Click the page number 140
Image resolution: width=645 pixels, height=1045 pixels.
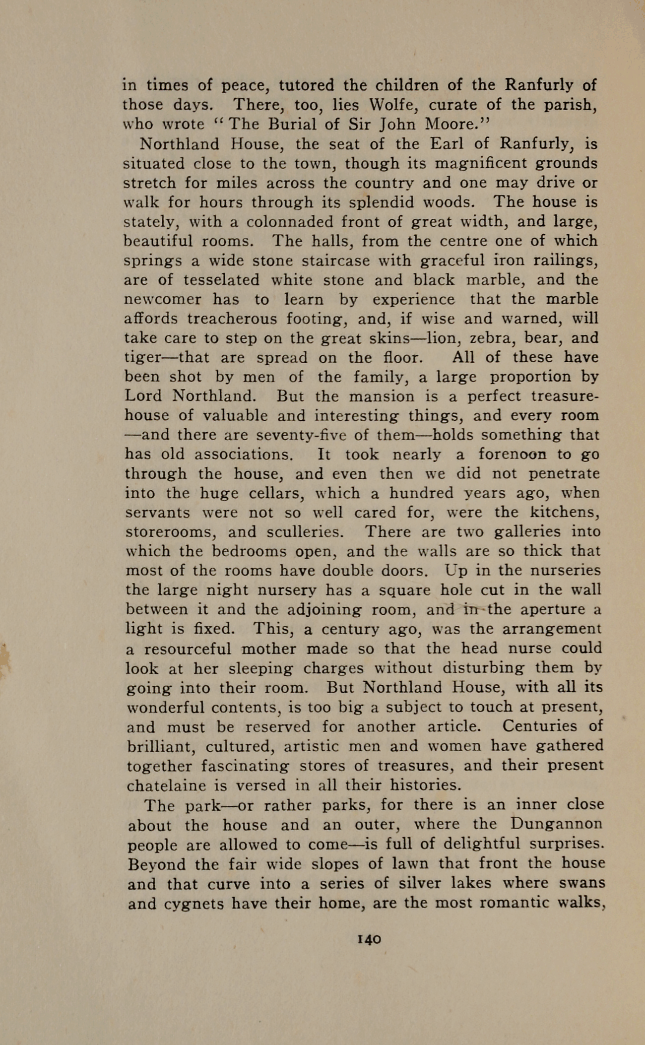point(368,939)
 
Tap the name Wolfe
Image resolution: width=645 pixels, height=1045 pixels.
point(389,105)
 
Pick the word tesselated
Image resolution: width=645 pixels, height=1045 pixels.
point(221,280)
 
